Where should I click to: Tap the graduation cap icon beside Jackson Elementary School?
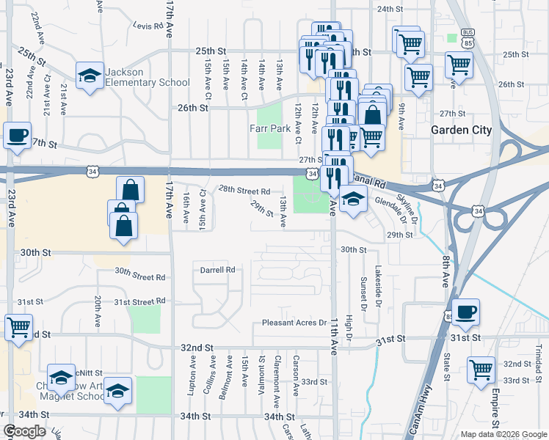click(89, 76)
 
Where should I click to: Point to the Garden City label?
click(461, 130)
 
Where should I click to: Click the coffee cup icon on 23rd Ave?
click(17, 136)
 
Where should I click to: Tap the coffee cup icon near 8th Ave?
click(465, 312)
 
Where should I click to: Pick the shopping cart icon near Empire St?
click(481, 369)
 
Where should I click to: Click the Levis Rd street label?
click(148, 25)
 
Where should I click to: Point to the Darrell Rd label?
click(217, 269)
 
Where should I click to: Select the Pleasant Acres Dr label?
click(294, 323)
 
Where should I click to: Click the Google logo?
click(24, 431)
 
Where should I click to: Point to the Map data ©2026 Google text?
click(503, 434)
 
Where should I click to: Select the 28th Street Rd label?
click(245, 191)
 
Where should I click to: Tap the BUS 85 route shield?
click(467, 36)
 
